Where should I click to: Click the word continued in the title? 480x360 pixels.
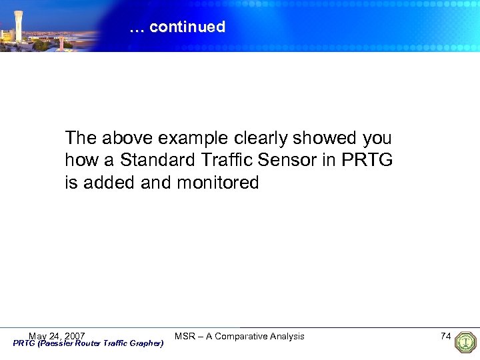pyautogui.click(x=187, y=27)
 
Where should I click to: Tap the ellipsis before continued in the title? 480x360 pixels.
pyautogui.click(x=137, y=28)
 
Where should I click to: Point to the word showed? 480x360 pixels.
pyautogui.click(x=329, y=139)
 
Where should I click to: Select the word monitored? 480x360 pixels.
pyautogui.click(x=217, y=183)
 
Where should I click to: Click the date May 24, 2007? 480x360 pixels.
pyautogui.click(x=57, y=335)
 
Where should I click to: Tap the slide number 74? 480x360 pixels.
pyautogui.click(x=446, y=336)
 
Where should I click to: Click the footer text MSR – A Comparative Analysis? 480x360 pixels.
pyautogui.click(x=239, y=336)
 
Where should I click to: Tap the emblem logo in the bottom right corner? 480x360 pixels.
pyautogui.click(x=465, y=342)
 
